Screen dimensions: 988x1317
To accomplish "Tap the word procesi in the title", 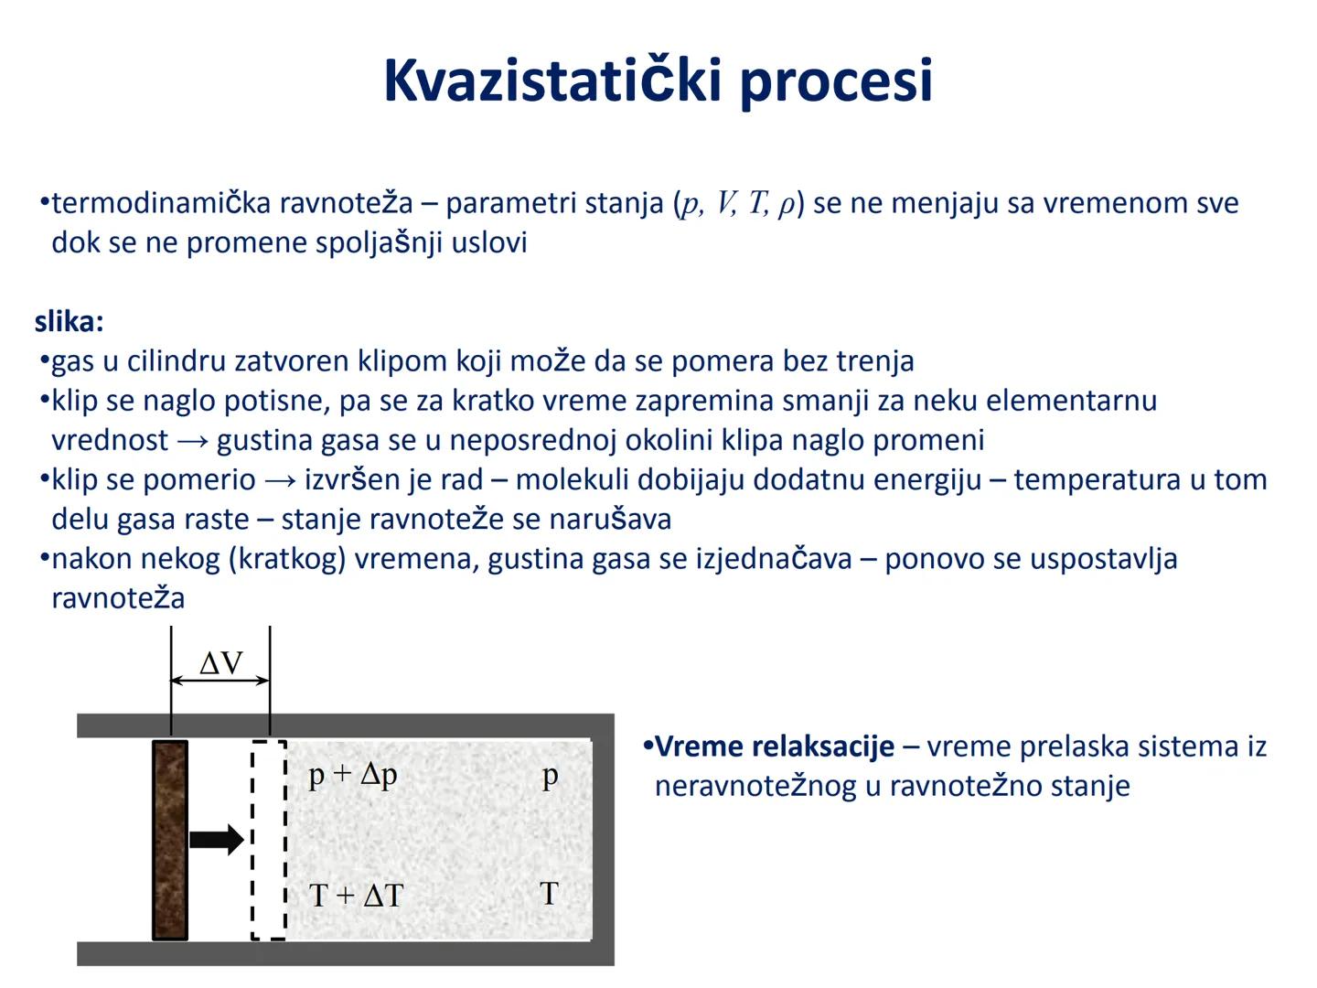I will pos(836,81).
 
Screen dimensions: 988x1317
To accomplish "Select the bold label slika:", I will pos(70,322).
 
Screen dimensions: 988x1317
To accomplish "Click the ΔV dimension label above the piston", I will pos(221,662).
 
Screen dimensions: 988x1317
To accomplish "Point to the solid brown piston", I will pos(170,840).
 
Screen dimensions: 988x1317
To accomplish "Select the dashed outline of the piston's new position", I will pos(269,840).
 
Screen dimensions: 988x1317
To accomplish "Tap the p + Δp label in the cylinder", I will pos(353,775).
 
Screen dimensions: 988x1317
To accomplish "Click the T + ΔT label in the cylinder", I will pos(356,895).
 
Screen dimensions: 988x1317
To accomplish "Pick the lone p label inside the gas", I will pos(550,777).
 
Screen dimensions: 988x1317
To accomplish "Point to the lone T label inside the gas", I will pos(549,893).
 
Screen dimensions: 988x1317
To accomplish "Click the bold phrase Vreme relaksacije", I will pos(775,746).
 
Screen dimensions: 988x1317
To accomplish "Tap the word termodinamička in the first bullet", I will pos(162,203).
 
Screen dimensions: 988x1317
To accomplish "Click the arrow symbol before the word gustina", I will pos(193,441).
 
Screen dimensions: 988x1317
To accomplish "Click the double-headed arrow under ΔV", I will pos(220,681).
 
